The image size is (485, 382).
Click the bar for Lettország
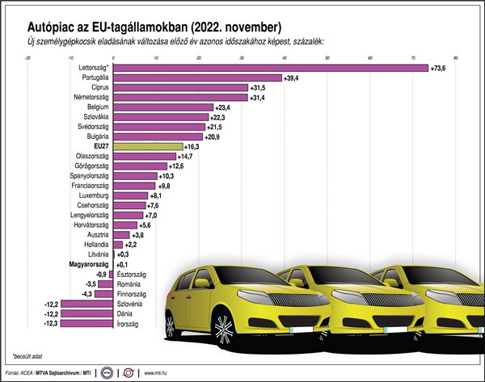[x=271, y=68]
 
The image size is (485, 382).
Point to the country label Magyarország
[x=86, y=264]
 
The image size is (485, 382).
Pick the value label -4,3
[x=86, y=294]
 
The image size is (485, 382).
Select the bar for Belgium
[x=162, y=107]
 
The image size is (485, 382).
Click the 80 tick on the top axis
[x=456, y=57]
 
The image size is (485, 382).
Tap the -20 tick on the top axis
[x=28, y=57]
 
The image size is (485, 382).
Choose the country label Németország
[x=89, y=97]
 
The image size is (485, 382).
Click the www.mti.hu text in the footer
[x=158, y=373]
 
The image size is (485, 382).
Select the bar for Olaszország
[x=145, y=156]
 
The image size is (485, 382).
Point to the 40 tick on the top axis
[x=285, y=57]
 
